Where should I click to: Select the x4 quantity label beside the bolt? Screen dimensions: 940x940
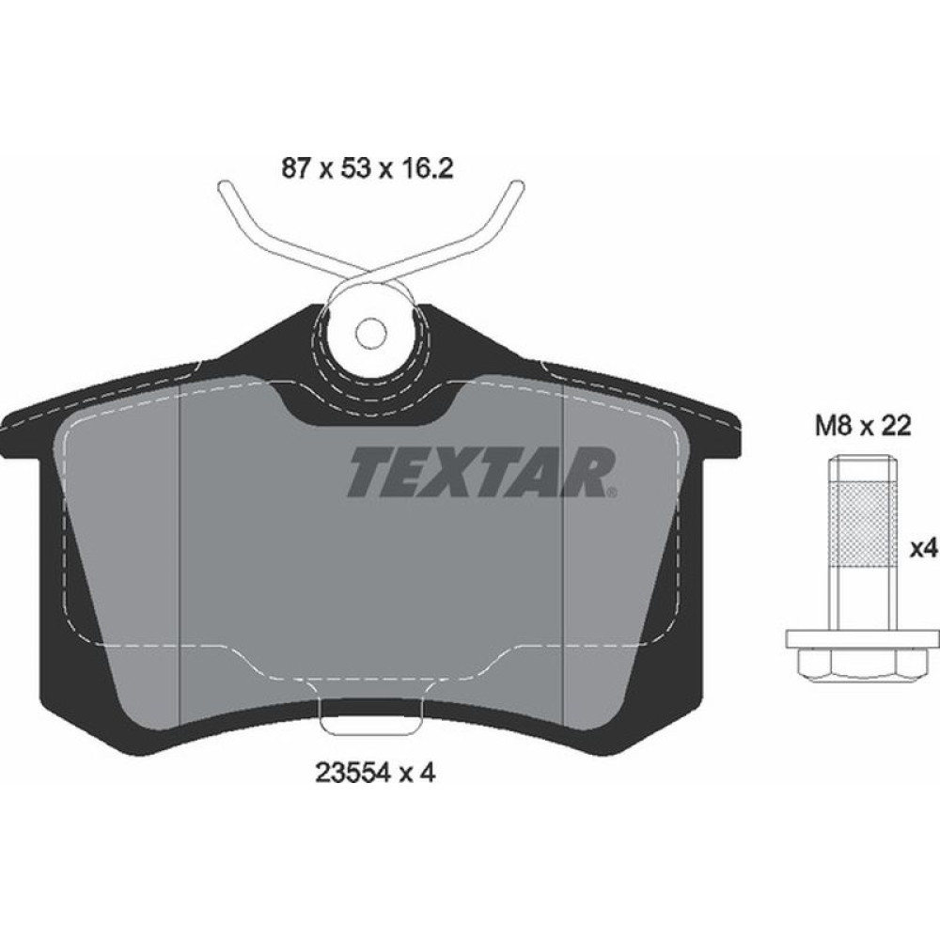[x=927, y=548]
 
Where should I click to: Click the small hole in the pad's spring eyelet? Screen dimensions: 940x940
[x=371, y=331]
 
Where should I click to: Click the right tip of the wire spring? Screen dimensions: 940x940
[x=516, y=187]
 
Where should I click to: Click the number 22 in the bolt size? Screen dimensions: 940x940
[x=899, y=427]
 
